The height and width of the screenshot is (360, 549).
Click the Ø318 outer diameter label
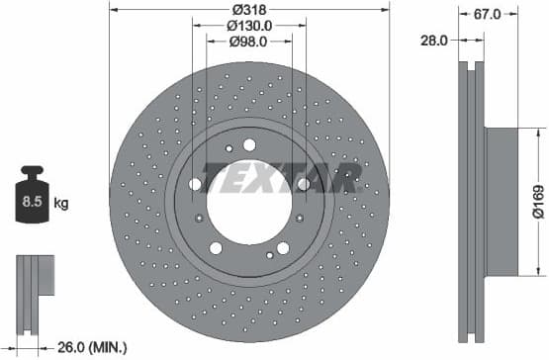point(248,9)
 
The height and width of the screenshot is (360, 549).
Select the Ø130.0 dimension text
point(249,25)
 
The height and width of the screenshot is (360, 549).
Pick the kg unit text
point(62,204)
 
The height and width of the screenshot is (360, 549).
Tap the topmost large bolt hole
point(249,144)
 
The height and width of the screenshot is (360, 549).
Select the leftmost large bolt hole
point(195,184)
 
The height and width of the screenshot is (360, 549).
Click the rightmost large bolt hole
point(304,184)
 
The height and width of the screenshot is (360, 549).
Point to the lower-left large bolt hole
point(216,248)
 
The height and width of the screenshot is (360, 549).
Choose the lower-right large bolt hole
point(283,248)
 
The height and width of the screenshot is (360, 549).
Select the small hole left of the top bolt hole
point(229,149)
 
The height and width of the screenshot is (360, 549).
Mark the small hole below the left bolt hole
point(200,218)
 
